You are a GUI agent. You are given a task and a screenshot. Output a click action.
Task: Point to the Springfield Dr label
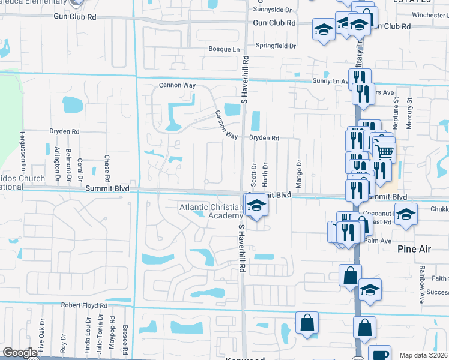276,46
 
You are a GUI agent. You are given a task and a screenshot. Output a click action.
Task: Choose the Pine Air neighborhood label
415,247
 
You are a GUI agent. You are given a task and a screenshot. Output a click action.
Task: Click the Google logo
20,353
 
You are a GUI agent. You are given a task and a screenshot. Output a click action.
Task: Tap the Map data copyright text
423,355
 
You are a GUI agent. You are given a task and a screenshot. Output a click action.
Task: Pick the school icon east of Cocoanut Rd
406,215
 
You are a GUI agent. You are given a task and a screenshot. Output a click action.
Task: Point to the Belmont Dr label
68,164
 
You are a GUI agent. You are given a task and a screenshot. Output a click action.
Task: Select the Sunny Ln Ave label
330,80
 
